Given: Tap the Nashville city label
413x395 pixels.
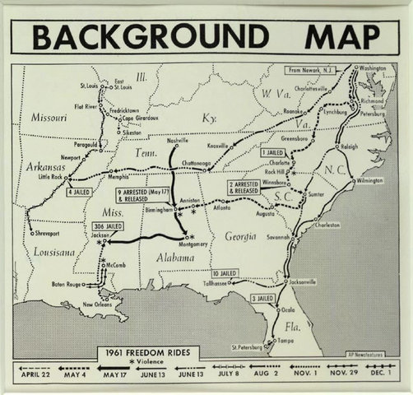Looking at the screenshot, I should point(178,141).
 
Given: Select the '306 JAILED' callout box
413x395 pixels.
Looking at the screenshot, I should point(108,225).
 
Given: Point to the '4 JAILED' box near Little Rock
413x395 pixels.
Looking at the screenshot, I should point(79,192).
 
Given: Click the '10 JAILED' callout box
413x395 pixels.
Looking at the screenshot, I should point(224,273).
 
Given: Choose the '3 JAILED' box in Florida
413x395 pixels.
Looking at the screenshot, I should point(262,298).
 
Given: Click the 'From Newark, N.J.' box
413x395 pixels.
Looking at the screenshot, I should point(316,69).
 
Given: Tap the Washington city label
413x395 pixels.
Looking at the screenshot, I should point(372,67).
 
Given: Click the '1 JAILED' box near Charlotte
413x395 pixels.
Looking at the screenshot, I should point(272,153).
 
